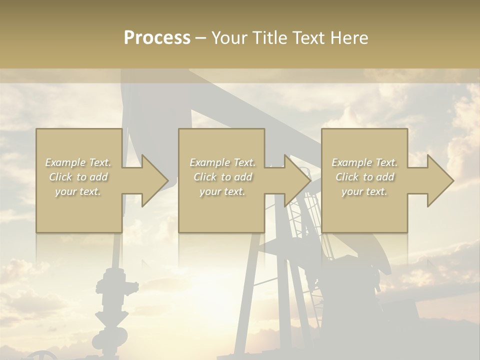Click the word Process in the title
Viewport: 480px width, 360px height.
coord(157,38)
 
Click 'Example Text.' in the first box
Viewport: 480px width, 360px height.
coord(78,162)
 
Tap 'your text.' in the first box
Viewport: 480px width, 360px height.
coord(78,191)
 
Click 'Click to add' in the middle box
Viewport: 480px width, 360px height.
coord(222,177)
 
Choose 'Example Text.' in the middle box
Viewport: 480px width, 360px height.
coord(222,162)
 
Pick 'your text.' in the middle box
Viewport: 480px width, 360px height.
coord(222,191)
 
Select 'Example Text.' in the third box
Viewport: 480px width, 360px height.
coord(364,162)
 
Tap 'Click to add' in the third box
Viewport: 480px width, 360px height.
coord(364,177)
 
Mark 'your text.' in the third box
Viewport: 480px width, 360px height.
coord(364,191)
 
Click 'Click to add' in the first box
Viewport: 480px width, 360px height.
coord(78,177)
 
